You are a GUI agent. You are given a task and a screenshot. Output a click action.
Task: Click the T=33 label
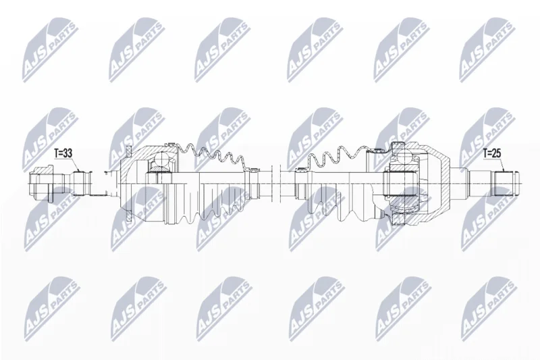point(63,153)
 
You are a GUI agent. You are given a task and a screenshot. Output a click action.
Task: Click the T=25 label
point(492,153)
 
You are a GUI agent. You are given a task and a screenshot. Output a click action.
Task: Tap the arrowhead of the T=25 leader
point(504,170)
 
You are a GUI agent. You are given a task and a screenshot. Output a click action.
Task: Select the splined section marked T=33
point(82,183)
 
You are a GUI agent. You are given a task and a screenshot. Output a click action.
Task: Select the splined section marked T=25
point(504,183)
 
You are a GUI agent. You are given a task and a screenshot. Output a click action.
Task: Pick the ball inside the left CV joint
point(161,159)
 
